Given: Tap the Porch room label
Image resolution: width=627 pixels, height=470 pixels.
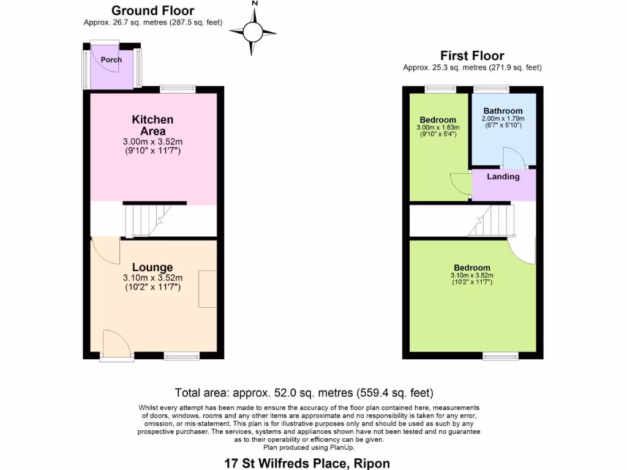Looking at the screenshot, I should [x=111, y=60].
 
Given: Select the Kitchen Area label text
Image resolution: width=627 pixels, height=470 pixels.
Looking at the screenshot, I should [x=152, y=125].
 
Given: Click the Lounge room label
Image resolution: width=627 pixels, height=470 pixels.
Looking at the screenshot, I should [x=152, y=267].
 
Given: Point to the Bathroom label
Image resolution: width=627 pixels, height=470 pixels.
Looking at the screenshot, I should [x=503, y=111].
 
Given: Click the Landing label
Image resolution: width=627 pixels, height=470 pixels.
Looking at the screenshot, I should [x=503, y=177].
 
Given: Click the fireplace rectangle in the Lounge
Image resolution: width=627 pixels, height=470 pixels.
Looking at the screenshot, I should [x=208, y=288].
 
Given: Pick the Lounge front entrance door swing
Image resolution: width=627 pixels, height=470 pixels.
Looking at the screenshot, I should [x=116, y=343].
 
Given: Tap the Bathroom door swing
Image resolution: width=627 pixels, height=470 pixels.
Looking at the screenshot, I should [x=513, y=158].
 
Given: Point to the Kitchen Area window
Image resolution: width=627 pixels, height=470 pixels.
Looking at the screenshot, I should [x=178, y=89].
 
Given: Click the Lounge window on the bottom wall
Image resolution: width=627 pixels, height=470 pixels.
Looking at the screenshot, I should [x=181, y=356].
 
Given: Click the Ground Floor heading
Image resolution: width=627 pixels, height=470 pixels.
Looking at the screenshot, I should [x=152, y=11].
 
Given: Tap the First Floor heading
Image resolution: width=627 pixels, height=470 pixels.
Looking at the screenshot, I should [x=472, y=56].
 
